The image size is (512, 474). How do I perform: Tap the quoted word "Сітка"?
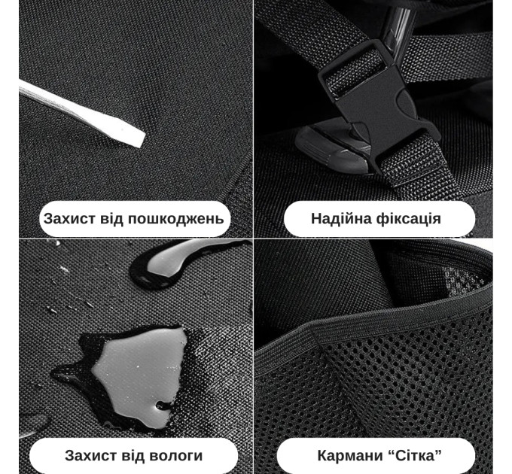coord(416,455)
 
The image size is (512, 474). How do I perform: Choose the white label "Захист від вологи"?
coord(134,455)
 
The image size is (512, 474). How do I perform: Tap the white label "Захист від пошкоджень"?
coord(134,219)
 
